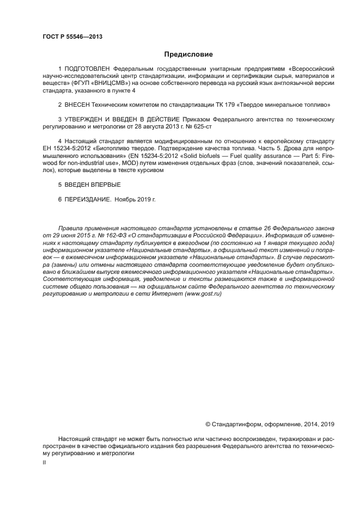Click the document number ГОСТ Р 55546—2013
72,37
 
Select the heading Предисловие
188,54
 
